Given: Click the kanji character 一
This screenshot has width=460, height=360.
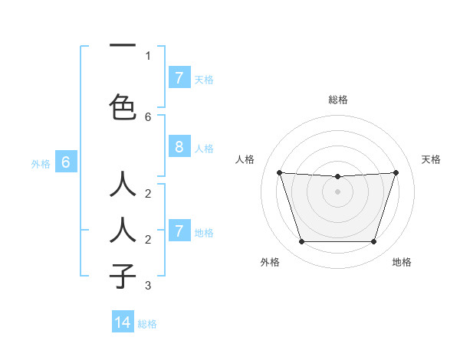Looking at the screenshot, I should pos(123,46).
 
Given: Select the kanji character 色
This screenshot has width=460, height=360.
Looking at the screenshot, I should pos(123,106).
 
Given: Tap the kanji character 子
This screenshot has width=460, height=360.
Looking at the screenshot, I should pos(123,275).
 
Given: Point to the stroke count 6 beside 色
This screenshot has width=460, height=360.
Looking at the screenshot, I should pos(148,116).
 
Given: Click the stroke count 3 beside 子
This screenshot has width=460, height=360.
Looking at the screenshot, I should pos(148,286).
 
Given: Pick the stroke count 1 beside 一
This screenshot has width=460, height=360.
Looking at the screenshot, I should pos(148,55).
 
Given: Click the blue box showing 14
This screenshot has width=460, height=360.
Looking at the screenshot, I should pos(123,322).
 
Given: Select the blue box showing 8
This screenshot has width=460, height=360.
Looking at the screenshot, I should pos(179,147).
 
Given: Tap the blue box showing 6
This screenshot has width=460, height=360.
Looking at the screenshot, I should pos(66,162).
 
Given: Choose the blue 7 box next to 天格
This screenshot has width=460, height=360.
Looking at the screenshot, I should pos(179,78).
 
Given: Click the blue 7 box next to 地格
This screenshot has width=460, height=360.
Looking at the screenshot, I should pos(179,231).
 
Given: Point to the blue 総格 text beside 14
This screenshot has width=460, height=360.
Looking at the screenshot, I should pos(147,324).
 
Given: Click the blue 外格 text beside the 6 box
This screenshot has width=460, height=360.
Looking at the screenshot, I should pos(41,163).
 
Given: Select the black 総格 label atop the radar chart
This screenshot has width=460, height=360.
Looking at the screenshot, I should pos(338,100).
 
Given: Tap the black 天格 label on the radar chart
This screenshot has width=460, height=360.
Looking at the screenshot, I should pos(432,159).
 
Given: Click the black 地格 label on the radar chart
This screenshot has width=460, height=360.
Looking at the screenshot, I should pos(402,262).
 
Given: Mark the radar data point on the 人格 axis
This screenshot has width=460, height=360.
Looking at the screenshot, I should pos(279,172).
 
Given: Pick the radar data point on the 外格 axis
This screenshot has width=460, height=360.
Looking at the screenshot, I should pos(301,242).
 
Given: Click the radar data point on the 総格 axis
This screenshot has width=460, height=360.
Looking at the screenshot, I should pos(338,177).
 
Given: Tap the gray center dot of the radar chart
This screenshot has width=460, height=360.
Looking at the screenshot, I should pos(338,191).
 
